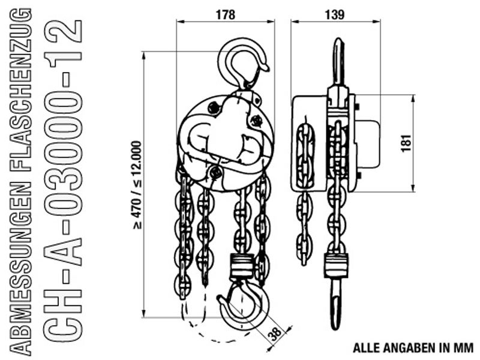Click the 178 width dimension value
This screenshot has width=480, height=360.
[x=226, y=14]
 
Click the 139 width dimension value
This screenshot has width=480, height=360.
[x=335, y=14]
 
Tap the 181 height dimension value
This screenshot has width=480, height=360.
[x=406, y=143]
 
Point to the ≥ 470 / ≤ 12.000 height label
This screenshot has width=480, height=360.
[x=137, y=185]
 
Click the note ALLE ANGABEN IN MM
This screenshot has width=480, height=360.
[x=413, y=348]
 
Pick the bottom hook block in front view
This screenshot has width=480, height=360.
[x=242, y=266]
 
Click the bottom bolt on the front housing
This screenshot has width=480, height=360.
[x=215, y=172]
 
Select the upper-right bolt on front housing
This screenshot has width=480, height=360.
[x=256, y=121]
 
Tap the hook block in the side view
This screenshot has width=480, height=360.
[x=337, y=265]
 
